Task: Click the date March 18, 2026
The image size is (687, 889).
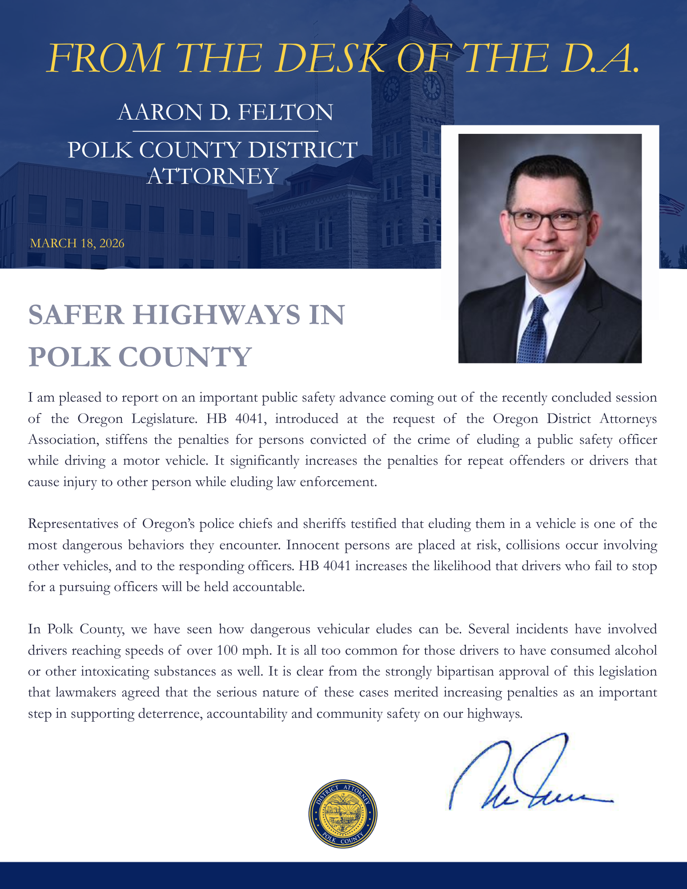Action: click(x=77, y=243)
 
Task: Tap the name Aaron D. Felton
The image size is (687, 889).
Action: click(x=225, y=112)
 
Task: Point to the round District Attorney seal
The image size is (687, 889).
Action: click(x=343, y=813)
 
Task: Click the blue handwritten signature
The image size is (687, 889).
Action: click(x=529, y=776)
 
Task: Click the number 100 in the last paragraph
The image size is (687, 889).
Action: click(x=227, y=650)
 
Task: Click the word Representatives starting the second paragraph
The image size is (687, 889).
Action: click(x=72, y=523)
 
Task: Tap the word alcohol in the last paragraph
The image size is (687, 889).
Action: click(x=635, y=650)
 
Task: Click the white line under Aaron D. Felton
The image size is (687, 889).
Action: click(x=225, y=131)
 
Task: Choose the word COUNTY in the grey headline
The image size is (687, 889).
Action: click(x=186, y=357)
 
